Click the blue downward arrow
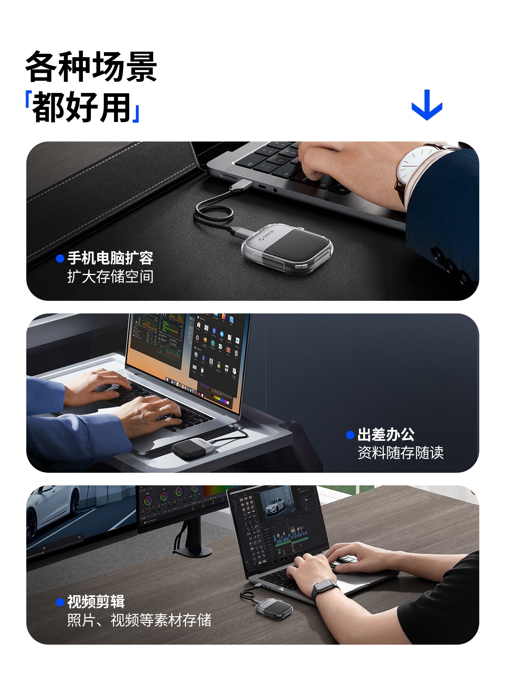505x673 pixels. coord(427,105)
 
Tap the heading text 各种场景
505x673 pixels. coord(91,66)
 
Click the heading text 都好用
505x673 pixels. coord(82,107)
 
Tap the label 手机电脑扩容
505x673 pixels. coord(110,258)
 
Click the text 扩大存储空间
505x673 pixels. coord(110,276)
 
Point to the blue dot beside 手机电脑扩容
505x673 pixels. coord(60,258)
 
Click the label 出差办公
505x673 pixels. coord(386,435)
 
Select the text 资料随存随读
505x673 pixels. coord(401,453)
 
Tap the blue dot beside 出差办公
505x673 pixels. coord(350,435)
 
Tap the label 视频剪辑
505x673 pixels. coord(96,601)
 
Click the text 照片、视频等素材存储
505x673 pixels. coord(139,620)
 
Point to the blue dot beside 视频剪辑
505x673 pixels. coord(60,602)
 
